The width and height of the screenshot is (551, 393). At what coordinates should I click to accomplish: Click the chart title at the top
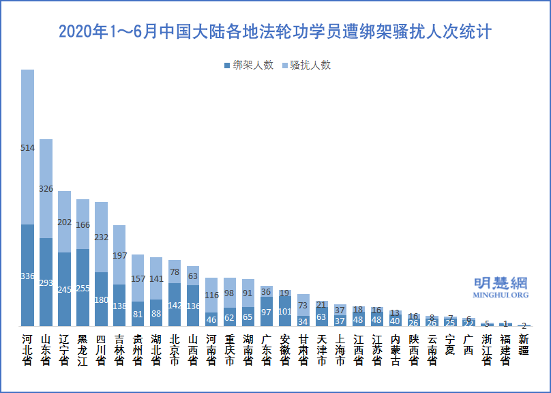[275, 32]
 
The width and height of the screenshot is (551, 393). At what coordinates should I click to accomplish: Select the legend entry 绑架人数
[248, 65]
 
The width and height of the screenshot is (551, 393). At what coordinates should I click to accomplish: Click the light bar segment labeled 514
[27, 147]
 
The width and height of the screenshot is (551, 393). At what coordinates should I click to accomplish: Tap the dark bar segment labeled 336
[27, 275]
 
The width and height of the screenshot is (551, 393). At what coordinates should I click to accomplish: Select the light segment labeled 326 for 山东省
[46, 188]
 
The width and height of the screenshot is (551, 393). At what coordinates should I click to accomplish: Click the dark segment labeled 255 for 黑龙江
[83, 287]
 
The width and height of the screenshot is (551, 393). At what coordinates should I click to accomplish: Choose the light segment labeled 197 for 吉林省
[119, 254]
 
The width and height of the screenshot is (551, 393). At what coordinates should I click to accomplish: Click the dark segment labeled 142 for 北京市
[175, 304]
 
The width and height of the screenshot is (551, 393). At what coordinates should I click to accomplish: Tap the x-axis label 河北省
[27, 350]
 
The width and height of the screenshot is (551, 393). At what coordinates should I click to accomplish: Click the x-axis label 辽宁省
[64, 350]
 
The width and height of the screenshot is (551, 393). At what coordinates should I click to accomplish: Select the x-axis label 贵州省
[138, 350]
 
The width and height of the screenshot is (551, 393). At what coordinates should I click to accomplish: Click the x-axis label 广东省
[267, 350]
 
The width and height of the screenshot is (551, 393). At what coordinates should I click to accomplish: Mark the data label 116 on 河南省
[211, 295]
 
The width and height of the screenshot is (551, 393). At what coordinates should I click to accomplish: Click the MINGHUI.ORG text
[501, 295]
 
